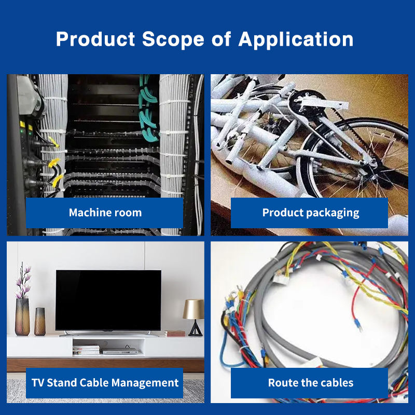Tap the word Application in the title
pos(296,40)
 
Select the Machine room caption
pos(105,213)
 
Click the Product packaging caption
pos(310,213)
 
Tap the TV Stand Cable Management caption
pos(105,383)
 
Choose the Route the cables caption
pos(310,383)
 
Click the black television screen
pos(108,299)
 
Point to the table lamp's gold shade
pos(193,309)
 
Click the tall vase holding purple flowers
pos(22,316)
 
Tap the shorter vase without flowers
pos(39,321)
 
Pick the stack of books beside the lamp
pos(174,333)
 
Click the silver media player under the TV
pos(120,351)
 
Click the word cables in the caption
pos(336,383)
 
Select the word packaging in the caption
pos(332,213)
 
